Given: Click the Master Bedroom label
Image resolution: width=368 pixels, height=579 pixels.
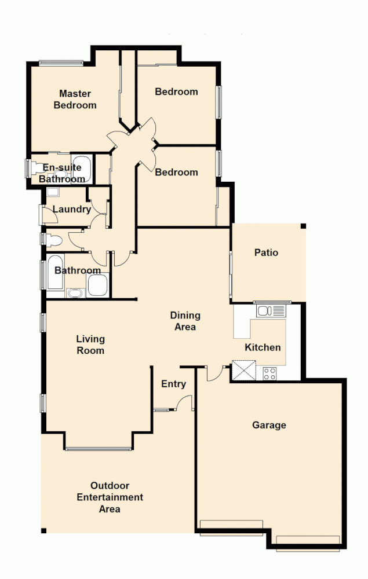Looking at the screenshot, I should [x=75, y=99].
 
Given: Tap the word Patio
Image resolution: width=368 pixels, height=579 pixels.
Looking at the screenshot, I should [x=266, y=252].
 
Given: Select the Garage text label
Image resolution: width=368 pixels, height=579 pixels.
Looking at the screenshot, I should [x=269, y=425].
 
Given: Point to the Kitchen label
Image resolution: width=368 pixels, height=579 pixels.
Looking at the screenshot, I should [x=263, y=347].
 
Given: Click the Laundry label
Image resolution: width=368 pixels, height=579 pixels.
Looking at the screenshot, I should [x=71, y=209].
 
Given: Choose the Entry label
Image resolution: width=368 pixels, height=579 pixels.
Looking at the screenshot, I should [x=173, y=384].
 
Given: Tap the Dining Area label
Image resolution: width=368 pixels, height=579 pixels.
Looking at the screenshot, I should [x=185, y=321].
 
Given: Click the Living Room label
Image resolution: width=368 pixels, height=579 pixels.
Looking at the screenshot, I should [x=90, y=345].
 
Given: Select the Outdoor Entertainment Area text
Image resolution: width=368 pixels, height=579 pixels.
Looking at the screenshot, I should [x=110, y=497].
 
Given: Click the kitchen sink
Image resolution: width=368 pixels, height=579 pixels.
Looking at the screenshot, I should [x=271, y=311].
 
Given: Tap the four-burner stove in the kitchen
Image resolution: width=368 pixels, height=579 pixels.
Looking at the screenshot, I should [x=270, y=373].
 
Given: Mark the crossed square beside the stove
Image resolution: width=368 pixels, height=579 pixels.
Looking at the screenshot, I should [x=243, y=370].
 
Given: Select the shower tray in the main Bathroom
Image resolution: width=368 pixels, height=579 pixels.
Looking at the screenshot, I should [x=97, y=285].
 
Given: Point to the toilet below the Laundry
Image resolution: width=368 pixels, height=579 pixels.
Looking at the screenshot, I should [x=54, y=240].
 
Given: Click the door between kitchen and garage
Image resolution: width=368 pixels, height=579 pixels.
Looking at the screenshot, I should [x=216, y=374].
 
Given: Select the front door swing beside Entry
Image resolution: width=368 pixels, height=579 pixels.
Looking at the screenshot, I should [x=185, y=402].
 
